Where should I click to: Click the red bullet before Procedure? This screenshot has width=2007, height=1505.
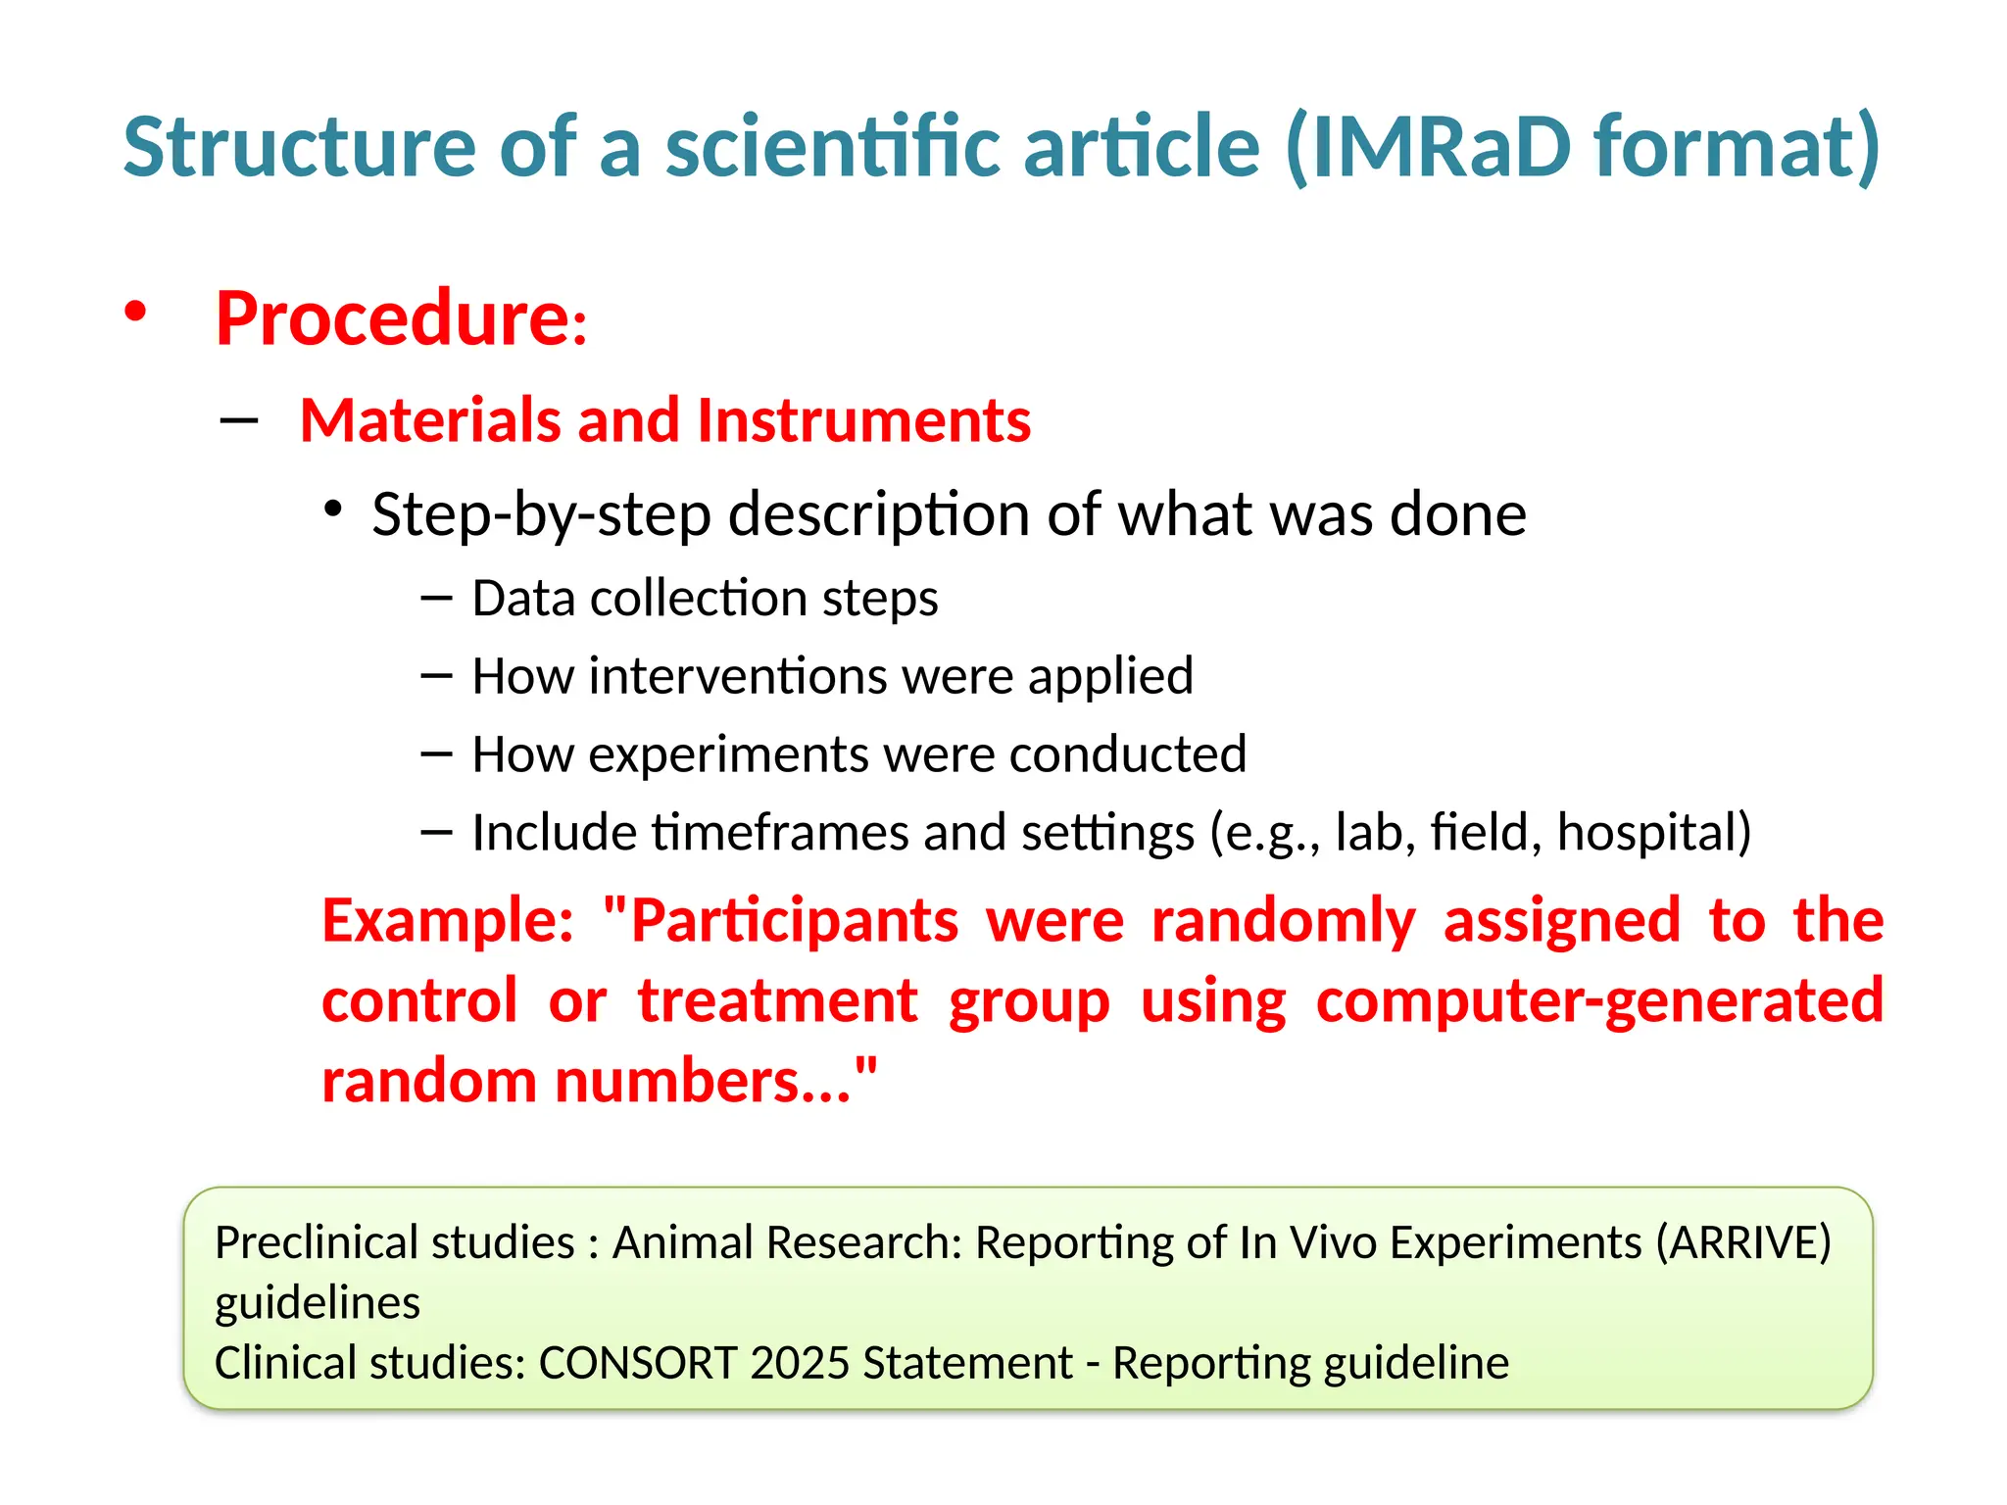(135, 313)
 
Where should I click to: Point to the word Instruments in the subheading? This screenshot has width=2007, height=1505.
(863, 420)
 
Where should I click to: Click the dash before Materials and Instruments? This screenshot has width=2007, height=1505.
(239, 421)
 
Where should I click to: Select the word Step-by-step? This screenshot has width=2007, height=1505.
(541, 514)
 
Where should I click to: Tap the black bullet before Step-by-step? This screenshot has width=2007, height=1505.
(333, 510)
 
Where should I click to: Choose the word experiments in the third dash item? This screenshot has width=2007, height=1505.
(727, 754)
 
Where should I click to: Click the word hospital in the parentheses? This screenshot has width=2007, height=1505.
(1644, 833)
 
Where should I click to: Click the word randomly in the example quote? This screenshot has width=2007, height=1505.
(1283, 921)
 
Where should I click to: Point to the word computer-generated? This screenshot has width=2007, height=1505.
(1599, 1001)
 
